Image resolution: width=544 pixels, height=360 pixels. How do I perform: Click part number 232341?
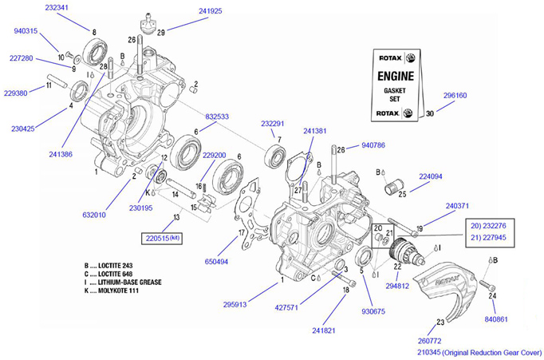pos(56,7)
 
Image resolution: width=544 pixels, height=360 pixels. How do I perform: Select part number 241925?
pos(211,12)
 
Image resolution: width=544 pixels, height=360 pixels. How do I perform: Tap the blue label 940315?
pos(26,31)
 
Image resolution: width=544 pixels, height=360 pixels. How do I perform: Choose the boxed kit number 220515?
pos(164,238)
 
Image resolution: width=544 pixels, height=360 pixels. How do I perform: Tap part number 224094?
pos(431,177)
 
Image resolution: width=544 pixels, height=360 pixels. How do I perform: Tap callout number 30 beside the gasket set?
pos(430,113)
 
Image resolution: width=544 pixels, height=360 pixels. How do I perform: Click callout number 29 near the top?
pos(160,32)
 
